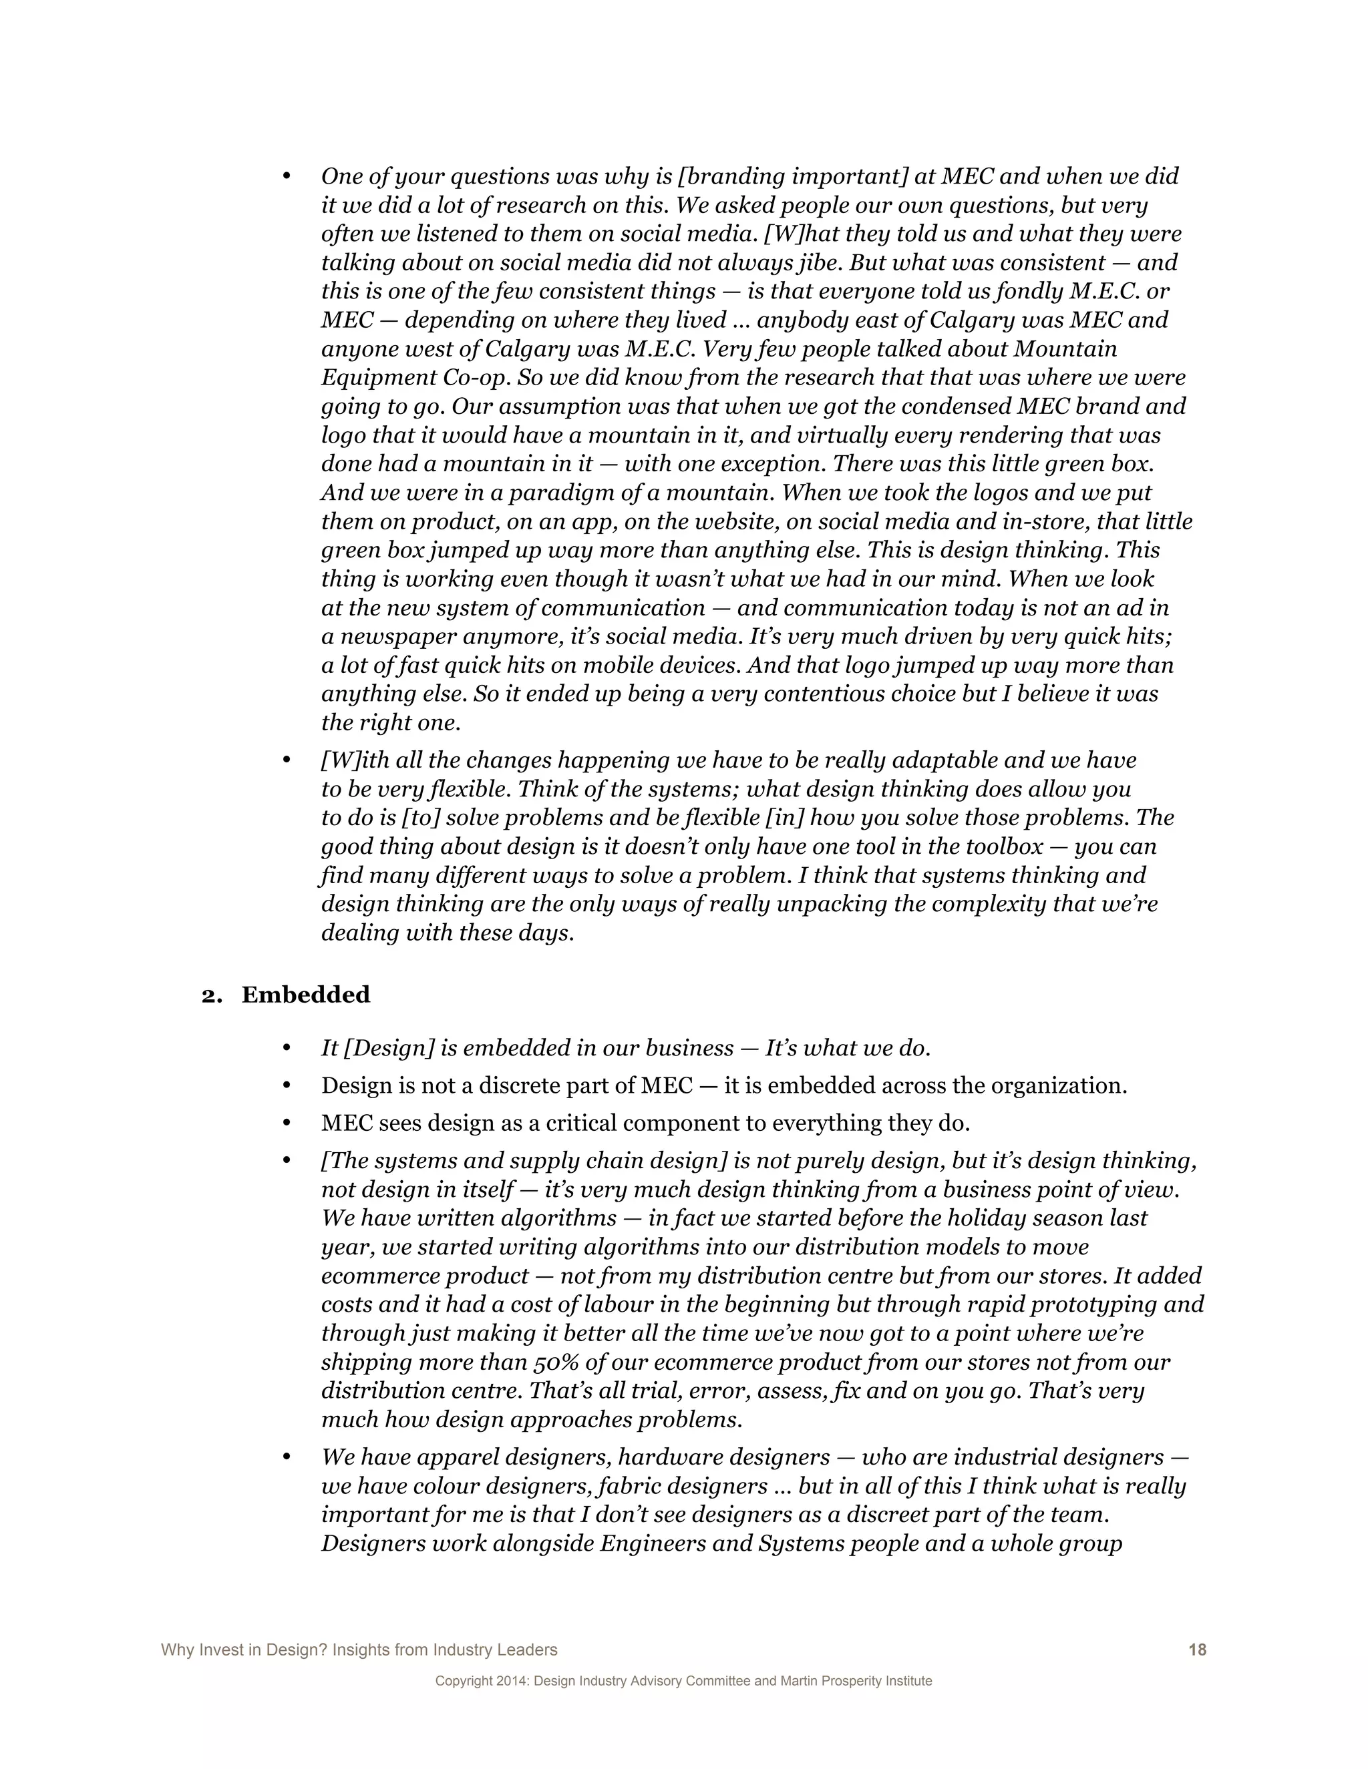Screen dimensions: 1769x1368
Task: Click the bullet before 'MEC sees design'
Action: point(286,1123)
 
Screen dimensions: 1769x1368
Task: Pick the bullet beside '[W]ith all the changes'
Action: point(286,760)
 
